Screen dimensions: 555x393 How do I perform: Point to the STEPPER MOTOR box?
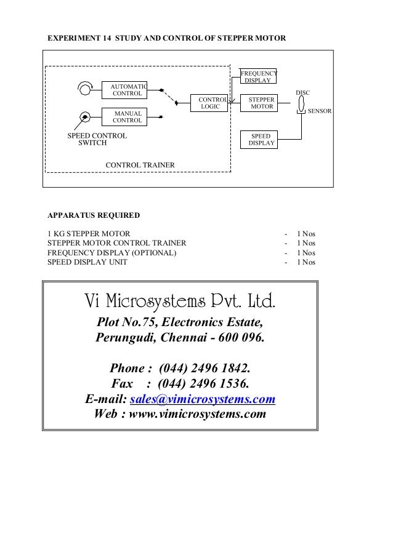(261, 103)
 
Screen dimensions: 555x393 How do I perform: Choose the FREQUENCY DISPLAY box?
(258, 76)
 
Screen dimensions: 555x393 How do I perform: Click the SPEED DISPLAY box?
(261, 139)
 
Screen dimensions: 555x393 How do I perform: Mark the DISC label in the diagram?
(303, 92)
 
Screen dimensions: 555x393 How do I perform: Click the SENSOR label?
(320, 111)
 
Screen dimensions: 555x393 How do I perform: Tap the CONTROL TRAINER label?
(140, 165)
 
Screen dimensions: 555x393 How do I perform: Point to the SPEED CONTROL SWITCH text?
(97, 139)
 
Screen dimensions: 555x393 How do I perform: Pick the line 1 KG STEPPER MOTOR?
(89, 234)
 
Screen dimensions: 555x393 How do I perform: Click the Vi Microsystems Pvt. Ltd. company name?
(179, 301)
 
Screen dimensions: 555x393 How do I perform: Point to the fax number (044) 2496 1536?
(204, 384)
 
